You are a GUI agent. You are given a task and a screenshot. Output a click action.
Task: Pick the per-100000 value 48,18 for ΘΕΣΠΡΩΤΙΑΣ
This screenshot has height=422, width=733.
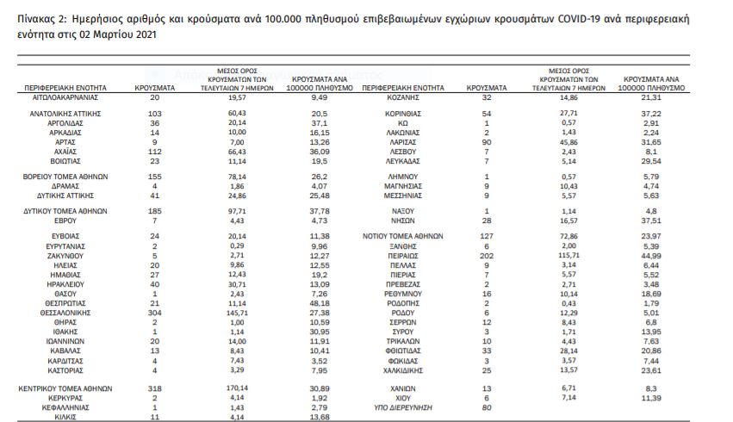point(322,305)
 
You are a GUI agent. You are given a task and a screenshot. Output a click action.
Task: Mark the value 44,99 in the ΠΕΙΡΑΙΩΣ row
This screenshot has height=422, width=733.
point(651,256)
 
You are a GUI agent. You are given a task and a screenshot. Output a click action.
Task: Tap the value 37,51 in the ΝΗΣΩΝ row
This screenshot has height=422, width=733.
point(651,220)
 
